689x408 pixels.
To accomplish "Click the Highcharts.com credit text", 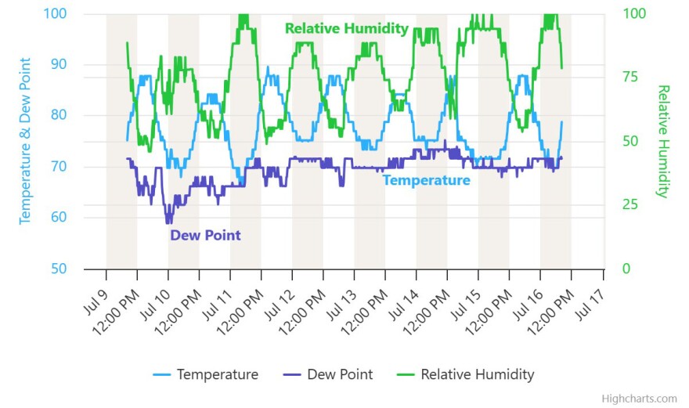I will pyautogui.click(x=639, y=399).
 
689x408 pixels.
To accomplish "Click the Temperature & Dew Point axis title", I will pyautogui.click(x=25, y=141).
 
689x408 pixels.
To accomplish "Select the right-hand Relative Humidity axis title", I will pyautogui.click(x=663, y=141).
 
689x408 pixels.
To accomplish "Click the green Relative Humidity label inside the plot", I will pyautogui.click(x=347, y=29).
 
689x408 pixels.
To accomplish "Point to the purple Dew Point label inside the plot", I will pyautogui.click(x=205, y=235).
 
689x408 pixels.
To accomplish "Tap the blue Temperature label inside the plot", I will pyautogui.click(x=426, y=181).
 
